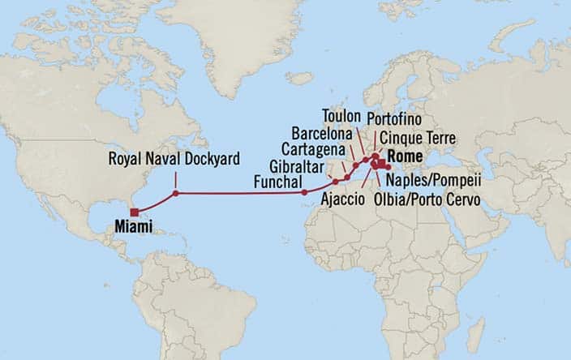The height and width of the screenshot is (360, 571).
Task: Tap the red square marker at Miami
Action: pyautogui.click(x=133, y=212)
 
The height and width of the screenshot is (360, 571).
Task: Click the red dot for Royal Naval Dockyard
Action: pyautogui.click(x=176, y=193)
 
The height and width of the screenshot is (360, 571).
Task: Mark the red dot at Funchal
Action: pyautogui.click(x=304, y=193)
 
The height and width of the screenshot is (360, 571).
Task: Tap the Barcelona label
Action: pyautogui.click(x=322, y=133)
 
